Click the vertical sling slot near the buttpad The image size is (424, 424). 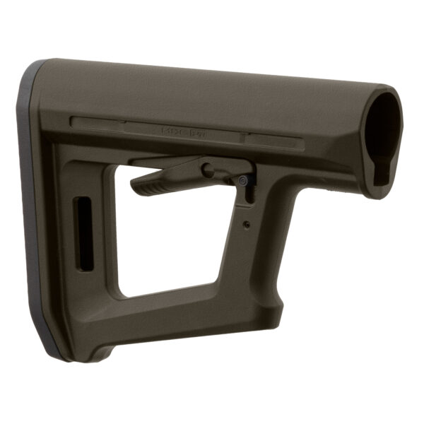[84, 233]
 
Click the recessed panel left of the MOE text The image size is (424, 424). [99, 123]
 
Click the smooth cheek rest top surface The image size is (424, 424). [212, 88]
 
